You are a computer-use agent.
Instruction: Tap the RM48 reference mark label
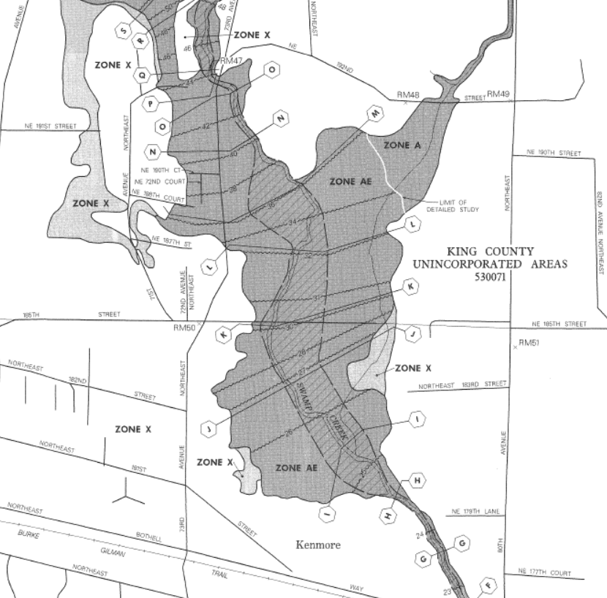407,95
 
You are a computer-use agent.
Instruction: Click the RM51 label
528,343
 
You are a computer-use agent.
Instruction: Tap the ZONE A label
402,145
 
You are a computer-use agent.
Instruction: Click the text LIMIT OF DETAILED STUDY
459,206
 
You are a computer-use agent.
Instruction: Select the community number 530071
489,278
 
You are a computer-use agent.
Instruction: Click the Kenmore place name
318,545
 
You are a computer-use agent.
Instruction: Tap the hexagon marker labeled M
376,115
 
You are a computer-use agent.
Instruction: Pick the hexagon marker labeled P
151,104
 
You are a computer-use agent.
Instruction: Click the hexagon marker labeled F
489,585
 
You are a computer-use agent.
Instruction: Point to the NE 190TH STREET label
554,154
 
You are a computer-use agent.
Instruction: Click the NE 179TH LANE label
475,511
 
